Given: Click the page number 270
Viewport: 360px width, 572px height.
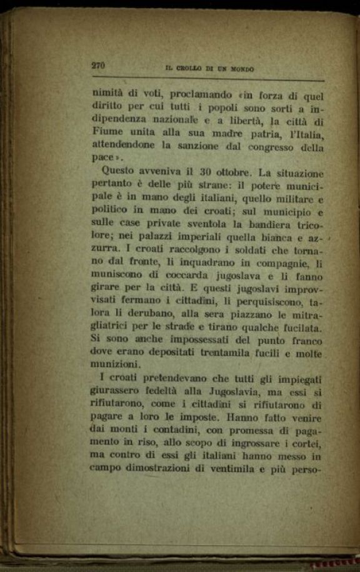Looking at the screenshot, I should tap(99, 66).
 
